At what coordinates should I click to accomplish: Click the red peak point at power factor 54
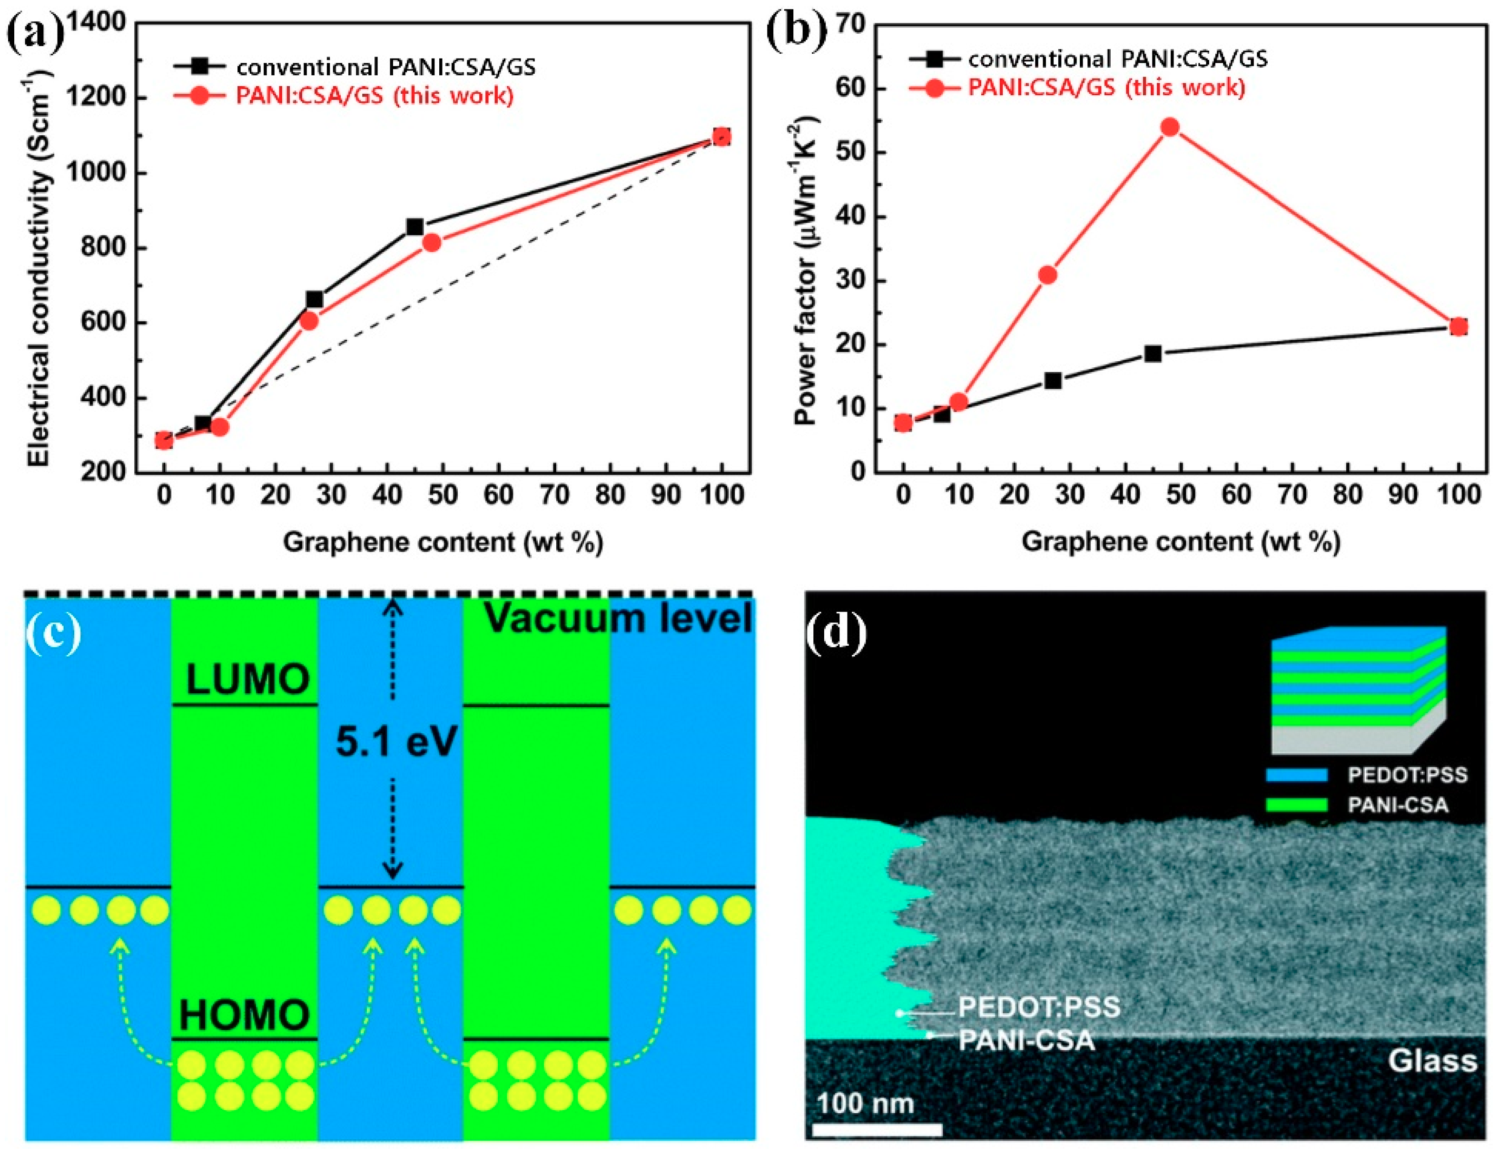(1170, 127)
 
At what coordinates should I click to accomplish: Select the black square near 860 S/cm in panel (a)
(414, 227)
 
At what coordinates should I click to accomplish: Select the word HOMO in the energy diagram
(244, 1014)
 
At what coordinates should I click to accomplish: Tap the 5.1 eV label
(396, 741)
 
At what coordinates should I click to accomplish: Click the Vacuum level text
(618, 618)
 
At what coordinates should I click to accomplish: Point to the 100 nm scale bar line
(877, 1129)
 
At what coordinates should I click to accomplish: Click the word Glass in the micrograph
(1432, 1061)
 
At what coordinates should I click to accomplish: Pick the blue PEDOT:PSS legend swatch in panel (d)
(1297, 774)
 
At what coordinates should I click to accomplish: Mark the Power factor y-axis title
(804, 272)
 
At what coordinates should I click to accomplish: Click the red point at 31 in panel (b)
(1047, 275)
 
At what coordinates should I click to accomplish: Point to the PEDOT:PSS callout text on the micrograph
(1038, 1007)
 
